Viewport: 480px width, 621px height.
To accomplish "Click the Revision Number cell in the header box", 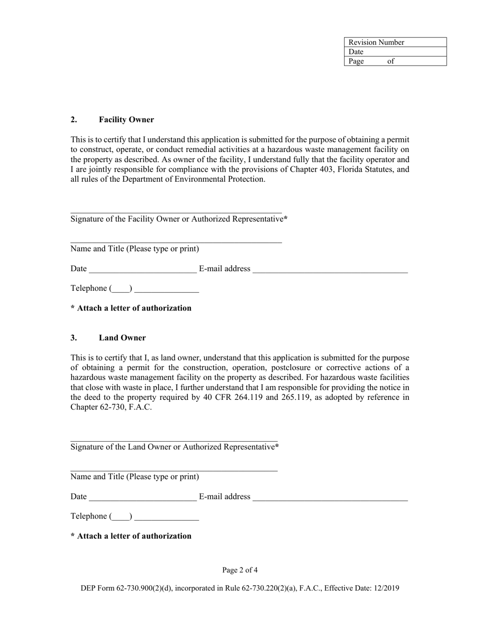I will pos(395,42).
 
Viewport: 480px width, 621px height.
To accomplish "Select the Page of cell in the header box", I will pos(395,61).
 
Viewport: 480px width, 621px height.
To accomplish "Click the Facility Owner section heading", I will pos(126,120).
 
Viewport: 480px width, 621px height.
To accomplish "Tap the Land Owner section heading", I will pos(122,338).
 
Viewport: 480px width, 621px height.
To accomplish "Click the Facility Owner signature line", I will pos(176,210).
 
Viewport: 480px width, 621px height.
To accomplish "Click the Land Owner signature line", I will pos(174,438).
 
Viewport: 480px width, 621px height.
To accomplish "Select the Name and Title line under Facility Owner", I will pos(176,240).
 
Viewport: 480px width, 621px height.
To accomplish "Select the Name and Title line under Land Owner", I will pos(174,468).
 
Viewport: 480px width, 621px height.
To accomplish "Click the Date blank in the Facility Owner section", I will pos(142,270).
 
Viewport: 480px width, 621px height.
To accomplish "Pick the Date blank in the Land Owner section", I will pos(142,497).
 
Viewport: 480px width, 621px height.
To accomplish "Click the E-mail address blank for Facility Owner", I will pos(330,270).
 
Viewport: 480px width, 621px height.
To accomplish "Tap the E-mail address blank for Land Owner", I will pos(330,497).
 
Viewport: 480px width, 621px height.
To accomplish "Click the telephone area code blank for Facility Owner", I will pos(121,289).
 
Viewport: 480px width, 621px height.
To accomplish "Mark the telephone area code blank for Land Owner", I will pos(121,517).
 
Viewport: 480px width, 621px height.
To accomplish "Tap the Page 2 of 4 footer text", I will pos(240,571).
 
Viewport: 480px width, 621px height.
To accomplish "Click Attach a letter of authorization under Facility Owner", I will pos(131,308).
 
